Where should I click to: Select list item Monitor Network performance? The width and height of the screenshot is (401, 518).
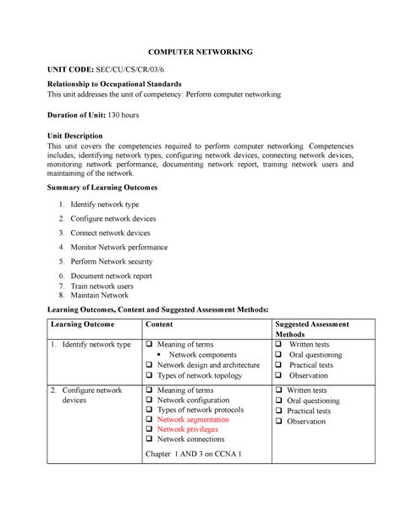tap(119, 247)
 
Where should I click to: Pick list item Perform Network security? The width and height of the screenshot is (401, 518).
tap(113, 262)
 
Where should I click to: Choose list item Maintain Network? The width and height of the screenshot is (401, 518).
tap(100, 296)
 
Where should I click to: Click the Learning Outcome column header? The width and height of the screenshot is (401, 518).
tap(84, 324)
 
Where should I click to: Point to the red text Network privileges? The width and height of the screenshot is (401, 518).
tap(188, 428)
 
